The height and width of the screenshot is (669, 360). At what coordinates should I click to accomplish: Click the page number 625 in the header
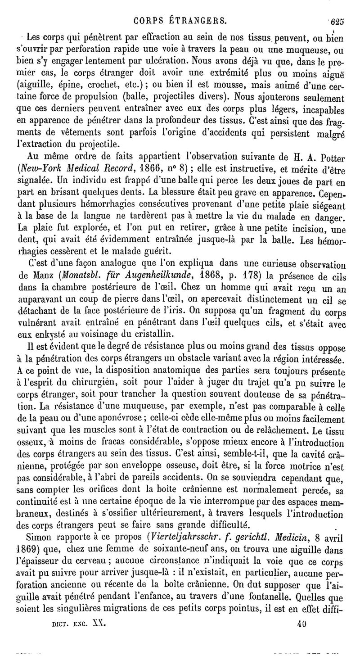click(x=337, y=21)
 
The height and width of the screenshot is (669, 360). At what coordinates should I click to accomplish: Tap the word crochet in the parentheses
click(x=100, y=84)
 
